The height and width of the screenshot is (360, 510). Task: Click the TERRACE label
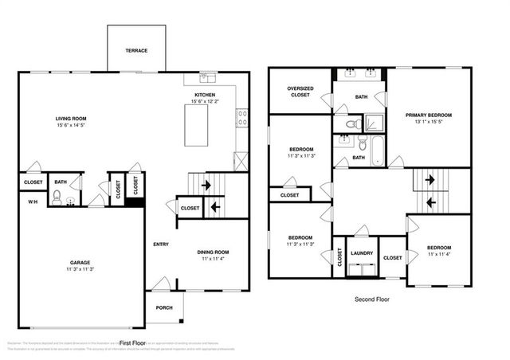[136, 50]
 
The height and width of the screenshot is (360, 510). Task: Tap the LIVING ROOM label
[71, 118]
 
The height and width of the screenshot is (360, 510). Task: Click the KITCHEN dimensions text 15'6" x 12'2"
[206, 100]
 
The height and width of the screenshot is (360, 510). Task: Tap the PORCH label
[163, 308]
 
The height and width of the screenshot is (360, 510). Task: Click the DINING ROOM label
[214, 252]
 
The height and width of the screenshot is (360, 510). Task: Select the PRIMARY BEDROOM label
[429, 115]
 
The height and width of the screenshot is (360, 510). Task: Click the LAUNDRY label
[362, 253]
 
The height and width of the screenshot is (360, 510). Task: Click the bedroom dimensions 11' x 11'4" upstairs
[439, 254]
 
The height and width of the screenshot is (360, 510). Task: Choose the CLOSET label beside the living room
[33, 182]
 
